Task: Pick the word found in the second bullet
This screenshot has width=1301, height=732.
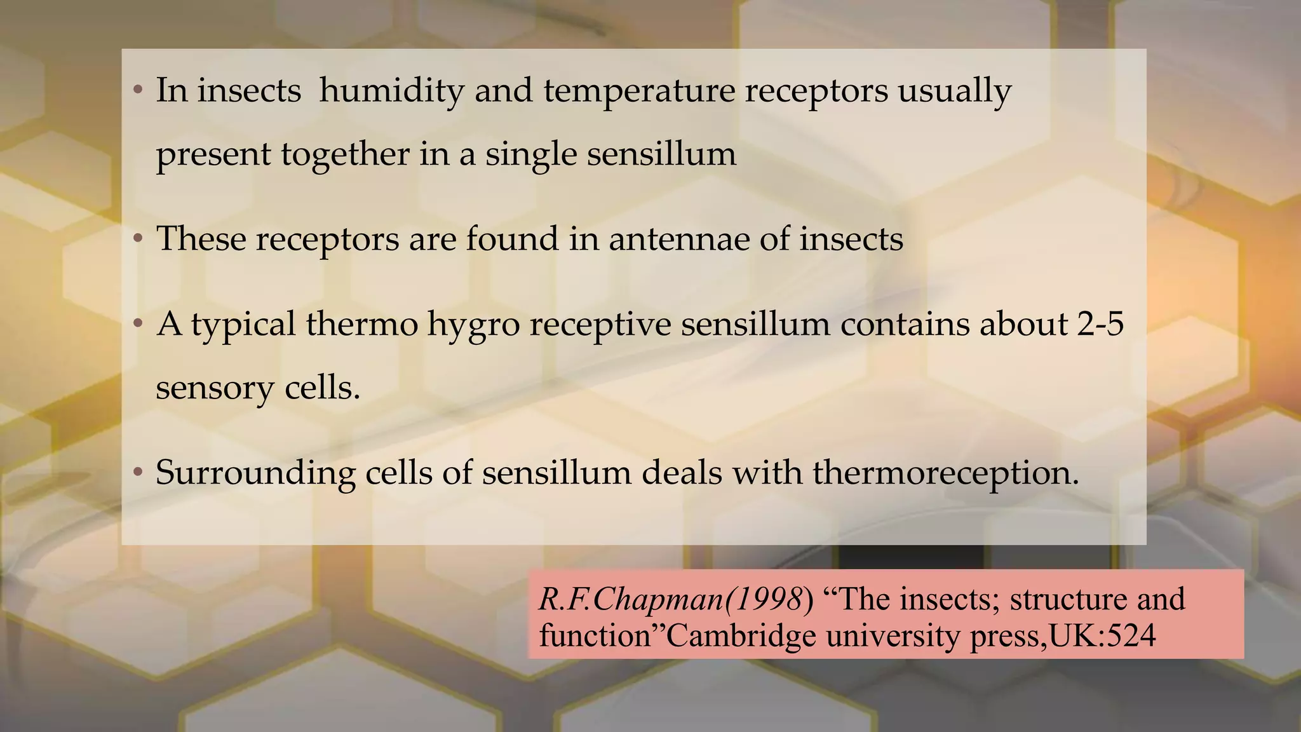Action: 512,239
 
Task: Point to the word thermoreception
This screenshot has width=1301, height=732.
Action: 945,474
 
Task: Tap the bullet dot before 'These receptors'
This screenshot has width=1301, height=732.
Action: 138,240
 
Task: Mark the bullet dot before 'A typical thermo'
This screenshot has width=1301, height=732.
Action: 138,325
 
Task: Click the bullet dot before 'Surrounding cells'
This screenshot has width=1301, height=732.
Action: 138,473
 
